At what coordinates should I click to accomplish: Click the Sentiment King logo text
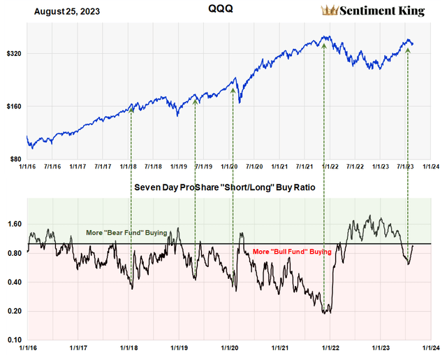384,10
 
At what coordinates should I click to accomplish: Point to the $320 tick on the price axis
13,53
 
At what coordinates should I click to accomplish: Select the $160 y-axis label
13,106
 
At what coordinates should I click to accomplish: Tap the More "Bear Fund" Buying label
126,232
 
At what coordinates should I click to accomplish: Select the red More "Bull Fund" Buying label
301,251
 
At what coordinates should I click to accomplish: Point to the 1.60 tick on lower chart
15,224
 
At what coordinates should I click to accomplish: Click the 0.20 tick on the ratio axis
15,311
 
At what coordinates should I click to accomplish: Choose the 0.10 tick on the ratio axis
15,340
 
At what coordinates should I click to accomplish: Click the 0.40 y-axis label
15,282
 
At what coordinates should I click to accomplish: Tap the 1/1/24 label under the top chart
431,167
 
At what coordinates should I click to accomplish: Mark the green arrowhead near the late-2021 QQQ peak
324,44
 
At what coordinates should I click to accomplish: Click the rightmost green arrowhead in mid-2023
408,50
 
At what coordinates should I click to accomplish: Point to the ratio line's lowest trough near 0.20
325,312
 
